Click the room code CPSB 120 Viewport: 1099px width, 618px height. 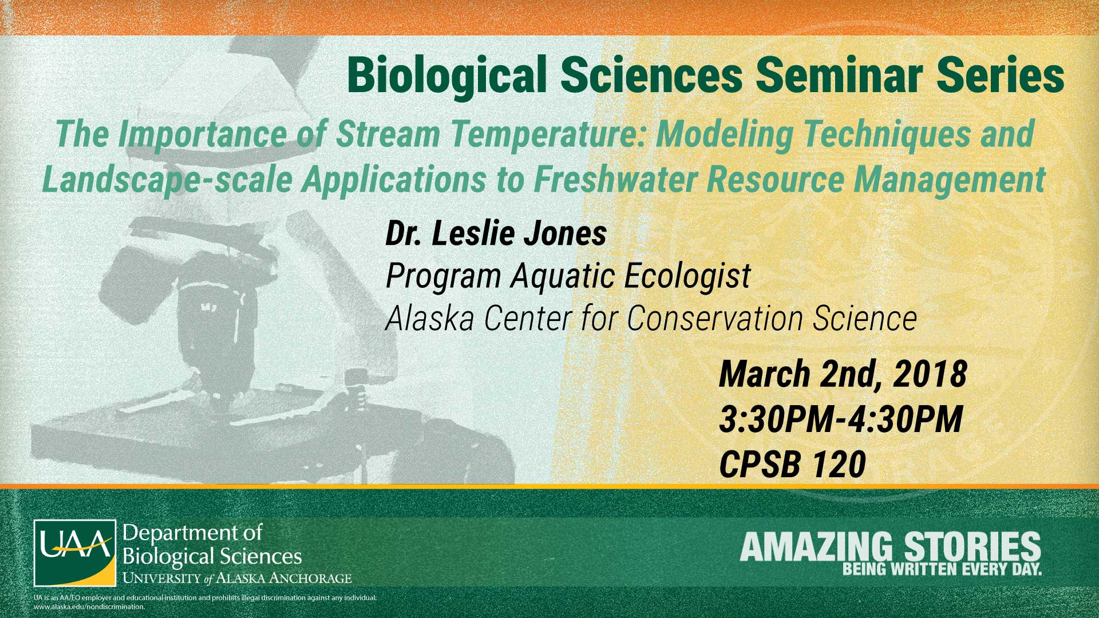pos(792,464)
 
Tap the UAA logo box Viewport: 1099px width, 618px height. pos(75,553)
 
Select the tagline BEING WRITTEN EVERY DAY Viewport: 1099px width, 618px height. pos(942,569)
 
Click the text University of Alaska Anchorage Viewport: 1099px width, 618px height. pos(237,578)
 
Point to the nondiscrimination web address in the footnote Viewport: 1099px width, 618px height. pos(89,607)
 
